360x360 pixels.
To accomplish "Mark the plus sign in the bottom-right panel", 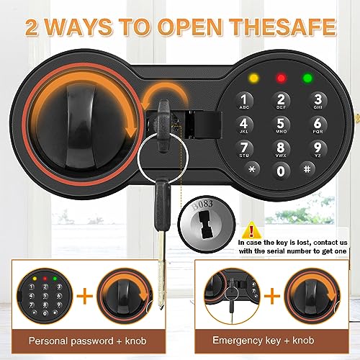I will click(x=271, y=294).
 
